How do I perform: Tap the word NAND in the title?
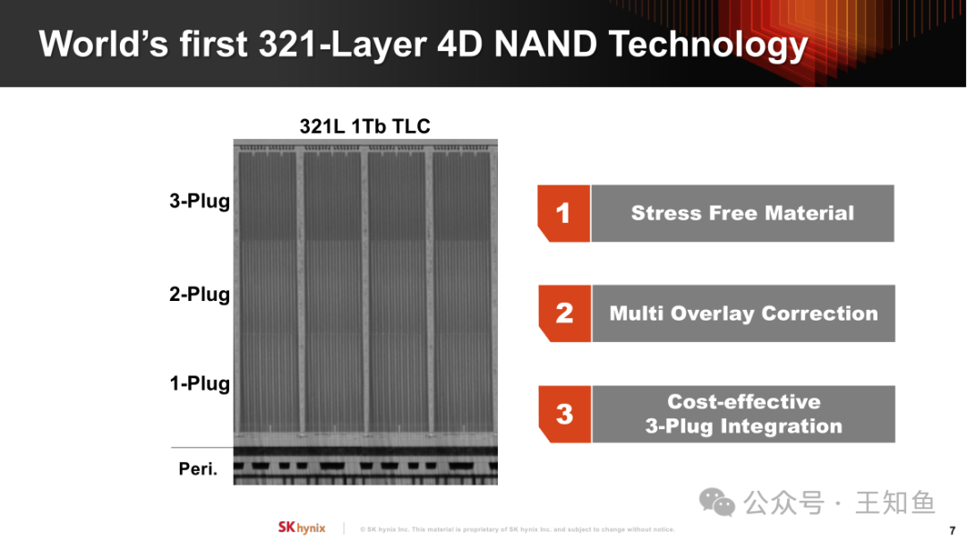point(546,45)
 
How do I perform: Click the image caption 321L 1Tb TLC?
point(364,126)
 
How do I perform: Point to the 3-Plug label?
point(200,202)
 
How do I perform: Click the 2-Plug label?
point(200,295)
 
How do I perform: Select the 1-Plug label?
point(200,383)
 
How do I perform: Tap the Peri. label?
point(198,468)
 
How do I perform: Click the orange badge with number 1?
point(564,213)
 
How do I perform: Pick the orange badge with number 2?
point(565,313)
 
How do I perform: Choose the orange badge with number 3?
point(565,414)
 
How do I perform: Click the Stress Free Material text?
point(742,213)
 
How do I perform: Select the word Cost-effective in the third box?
point(744,401)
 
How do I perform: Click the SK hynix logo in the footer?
point(302,528)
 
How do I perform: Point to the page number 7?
point(952,530)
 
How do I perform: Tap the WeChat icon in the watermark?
point(716,502)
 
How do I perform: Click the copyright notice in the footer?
point(518,529)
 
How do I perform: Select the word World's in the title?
point(104,45)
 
